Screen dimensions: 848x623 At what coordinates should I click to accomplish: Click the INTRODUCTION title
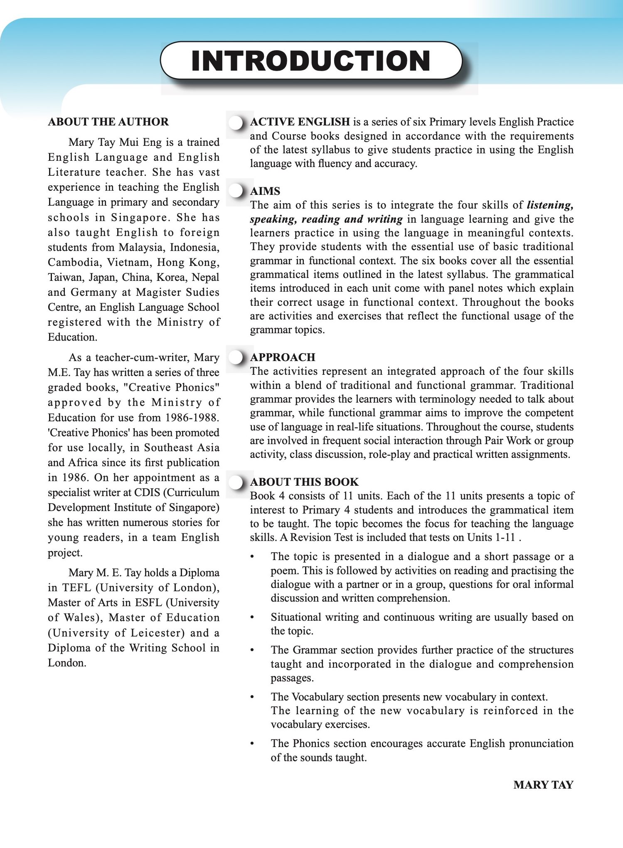tap(311, 61)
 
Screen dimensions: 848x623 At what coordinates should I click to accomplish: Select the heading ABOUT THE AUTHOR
tap(108, 122)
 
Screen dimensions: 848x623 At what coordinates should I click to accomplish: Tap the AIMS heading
tap(265, 191)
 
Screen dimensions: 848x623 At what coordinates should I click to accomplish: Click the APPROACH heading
tap(283, 357)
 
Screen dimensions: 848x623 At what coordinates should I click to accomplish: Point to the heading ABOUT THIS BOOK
tap(304, 482)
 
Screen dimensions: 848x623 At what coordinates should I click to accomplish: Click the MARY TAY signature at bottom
tap(543, 785)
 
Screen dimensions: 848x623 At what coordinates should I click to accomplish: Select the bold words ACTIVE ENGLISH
tap(300, 122)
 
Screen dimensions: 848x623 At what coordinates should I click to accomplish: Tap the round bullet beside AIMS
tap(236, 191)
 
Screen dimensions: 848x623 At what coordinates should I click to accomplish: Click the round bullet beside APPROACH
tap(236, 357)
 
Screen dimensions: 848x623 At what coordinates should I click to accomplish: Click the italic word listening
tap(550, 205)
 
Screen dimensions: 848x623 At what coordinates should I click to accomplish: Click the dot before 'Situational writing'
tap(252, 617)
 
